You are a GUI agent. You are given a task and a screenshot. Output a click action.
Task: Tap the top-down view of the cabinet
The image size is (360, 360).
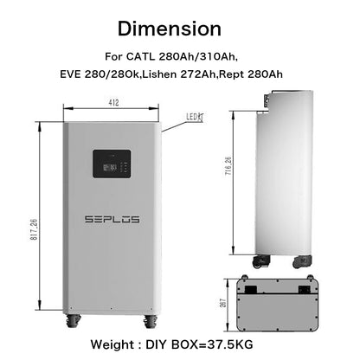[286, 299]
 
